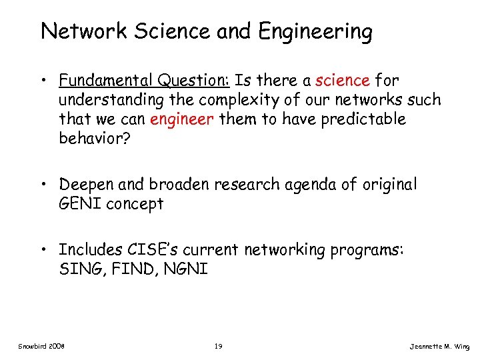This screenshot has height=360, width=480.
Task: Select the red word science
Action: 343,81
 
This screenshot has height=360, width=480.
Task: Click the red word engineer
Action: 177,119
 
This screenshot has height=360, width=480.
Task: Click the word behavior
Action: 91,139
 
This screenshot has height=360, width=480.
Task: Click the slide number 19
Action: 218,347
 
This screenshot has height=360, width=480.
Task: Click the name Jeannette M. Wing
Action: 441,347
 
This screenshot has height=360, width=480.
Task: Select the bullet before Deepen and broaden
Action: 46,185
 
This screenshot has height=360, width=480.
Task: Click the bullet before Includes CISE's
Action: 46,249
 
